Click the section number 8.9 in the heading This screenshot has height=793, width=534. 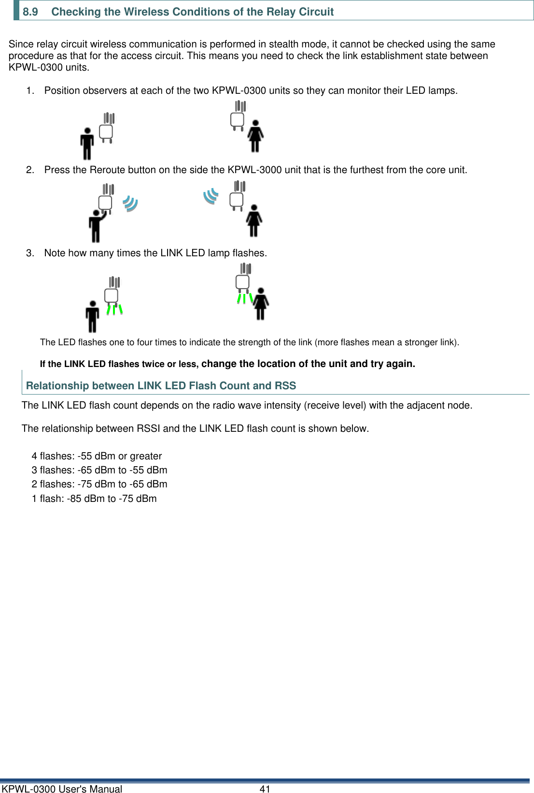coord(30,12)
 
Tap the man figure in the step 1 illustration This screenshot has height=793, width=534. coord(87,144)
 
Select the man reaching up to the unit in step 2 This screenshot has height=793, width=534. coord(96,225)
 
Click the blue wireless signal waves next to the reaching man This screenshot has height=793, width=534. coord(130,203)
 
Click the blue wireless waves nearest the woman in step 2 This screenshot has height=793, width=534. coord(211,196)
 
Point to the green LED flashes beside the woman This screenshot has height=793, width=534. coord(245,298)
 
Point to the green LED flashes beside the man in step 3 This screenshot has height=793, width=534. coord(114,309)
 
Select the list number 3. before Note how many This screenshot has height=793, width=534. coord(30,253)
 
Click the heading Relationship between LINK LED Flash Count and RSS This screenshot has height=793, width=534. coord(161,385)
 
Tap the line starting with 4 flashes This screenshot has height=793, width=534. coord(97,456)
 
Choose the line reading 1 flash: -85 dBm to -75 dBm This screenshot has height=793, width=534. coord(94,499)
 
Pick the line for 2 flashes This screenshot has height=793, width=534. coord(99,484)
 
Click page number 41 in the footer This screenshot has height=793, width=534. coord(265,789)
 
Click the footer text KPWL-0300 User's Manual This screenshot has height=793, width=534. coord(62,789)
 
